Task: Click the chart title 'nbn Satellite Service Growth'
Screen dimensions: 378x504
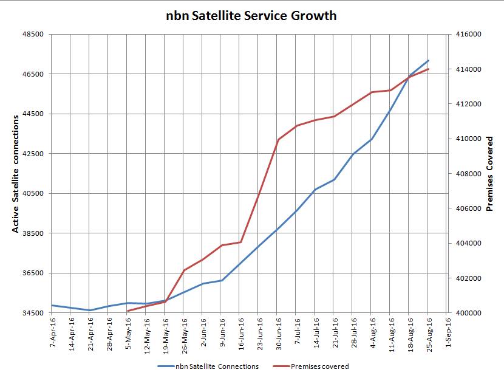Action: tap(251, 16)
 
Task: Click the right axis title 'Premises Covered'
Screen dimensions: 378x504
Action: tap(490, 174)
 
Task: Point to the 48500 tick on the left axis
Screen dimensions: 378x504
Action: tap(34, 35)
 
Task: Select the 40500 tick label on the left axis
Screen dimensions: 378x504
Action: tap(34, 194)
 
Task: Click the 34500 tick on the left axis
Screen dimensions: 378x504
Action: tap(34, 313)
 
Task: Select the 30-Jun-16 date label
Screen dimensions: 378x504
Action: tap(278, 333)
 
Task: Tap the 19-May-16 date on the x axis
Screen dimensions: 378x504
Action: tap(166, 333)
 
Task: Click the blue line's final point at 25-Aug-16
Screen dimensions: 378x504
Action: tap(429, 60)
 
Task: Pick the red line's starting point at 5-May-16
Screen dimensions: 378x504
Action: tap(128, 311)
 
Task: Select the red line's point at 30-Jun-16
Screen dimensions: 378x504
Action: tap(278, 140)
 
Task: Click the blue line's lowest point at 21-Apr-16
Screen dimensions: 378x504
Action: tap(90, 311)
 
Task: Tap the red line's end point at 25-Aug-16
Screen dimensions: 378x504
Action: tap(429, 69)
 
